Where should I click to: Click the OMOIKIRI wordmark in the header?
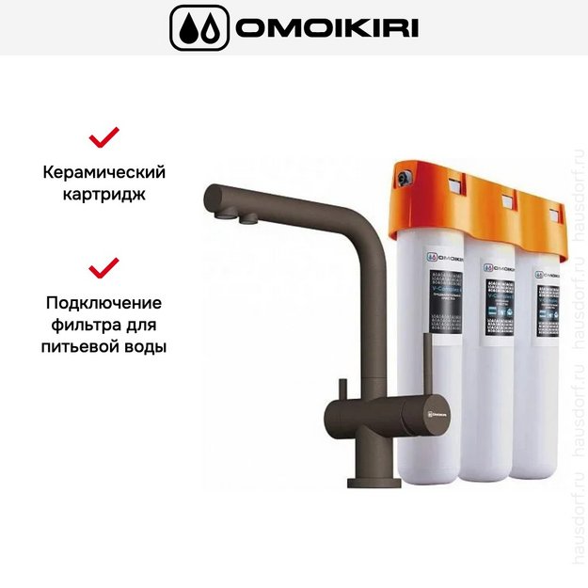[326, 27]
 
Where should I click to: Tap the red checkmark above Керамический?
[103, 138]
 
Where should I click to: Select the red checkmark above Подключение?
[103, 268]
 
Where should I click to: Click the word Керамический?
[104, 173]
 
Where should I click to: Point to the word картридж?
[104, 196]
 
